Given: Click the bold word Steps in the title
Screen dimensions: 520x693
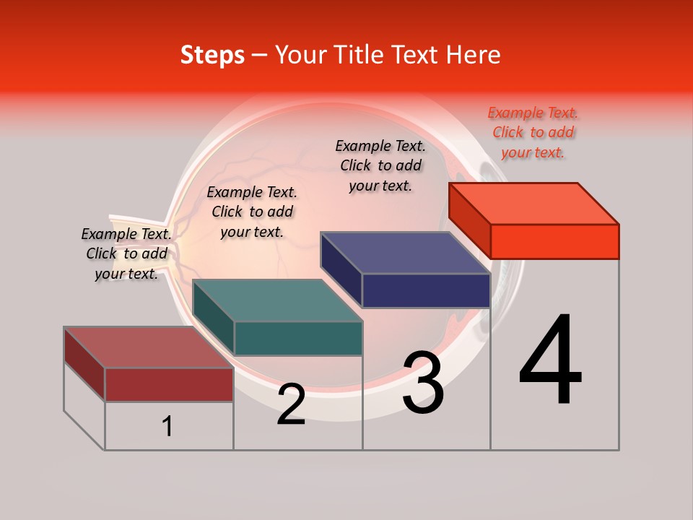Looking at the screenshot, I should point(212,55).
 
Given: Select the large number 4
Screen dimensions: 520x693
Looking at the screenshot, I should point(551,361).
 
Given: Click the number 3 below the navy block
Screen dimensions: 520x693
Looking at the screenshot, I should point(423,383).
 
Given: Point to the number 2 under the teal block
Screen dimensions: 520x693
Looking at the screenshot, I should point(291,404).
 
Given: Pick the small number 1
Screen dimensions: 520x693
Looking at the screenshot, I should point(167,426).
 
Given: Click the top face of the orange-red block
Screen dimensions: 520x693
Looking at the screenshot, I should point(533,203).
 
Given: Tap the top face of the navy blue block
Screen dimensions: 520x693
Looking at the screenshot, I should point(405,253).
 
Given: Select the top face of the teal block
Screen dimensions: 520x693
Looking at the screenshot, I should point(277,300).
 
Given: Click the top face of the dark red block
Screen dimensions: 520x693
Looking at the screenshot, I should point(149,347).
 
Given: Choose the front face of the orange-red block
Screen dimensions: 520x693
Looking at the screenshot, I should point(554,241).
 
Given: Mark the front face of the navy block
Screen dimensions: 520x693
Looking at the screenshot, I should point(426,291).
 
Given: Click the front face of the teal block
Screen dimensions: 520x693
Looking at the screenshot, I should point(298,338).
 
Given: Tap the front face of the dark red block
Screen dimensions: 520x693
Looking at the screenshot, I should point(170,384).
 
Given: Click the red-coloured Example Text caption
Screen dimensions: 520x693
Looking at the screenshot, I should point(533,132).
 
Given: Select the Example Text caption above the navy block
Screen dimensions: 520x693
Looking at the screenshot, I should point(380,165).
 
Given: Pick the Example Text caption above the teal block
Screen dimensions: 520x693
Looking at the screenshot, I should point(252,212).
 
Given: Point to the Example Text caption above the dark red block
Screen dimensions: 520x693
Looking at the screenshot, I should point(126,253).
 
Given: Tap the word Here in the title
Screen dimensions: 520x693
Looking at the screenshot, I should point(474,55).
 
